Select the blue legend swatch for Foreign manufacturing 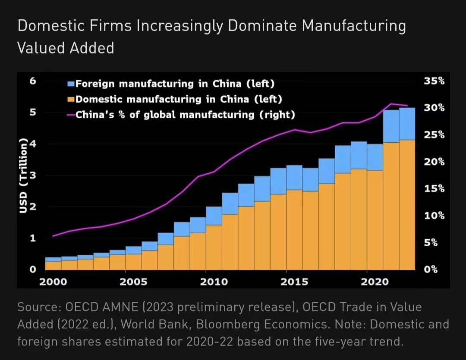[x=72, y=84]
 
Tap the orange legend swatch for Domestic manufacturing [x=72, y=100]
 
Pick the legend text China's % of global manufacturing [x=186, y=115]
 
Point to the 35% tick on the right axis [x=434, y=81]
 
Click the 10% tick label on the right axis [x=434, y=216]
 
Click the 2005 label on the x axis [x=133, y=282]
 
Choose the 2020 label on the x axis [x=375, y=282]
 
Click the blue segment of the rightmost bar [x=407, y=124]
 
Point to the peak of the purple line [x=391, y=104]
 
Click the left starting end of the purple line [x=53, y=236]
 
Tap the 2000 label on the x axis [x=53, y=282]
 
